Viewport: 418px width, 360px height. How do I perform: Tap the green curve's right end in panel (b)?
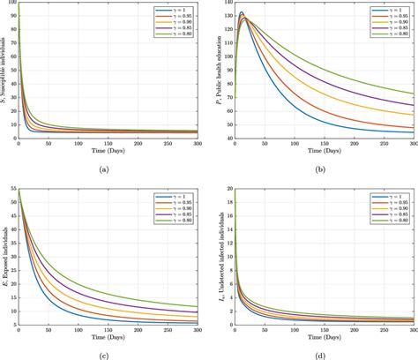pyautogui.click(x=414, y=94)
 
